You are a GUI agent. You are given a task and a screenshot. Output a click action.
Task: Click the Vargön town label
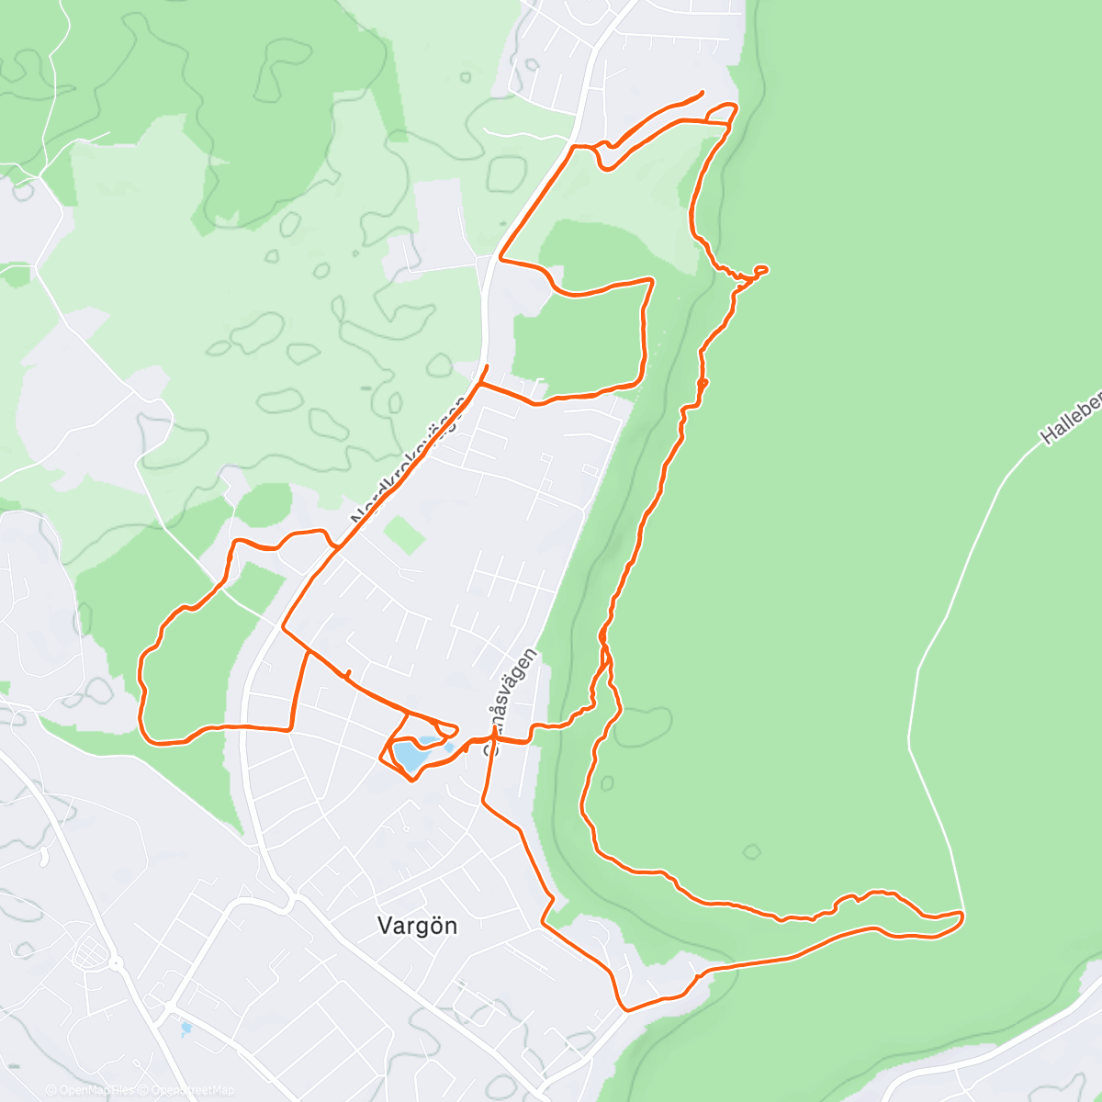417,925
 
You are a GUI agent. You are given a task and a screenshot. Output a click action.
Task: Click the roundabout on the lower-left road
117,963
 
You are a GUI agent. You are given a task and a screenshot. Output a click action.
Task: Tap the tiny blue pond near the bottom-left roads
186,1028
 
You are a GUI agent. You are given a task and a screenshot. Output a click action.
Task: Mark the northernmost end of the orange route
702,92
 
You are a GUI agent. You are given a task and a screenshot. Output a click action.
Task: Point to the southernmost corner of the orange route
626,1010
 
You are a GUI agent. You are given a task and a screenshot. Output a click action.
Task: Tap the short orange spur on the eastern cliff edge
760,269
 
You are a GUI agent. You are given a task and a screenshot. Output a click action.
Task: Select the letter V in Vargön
386,925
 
